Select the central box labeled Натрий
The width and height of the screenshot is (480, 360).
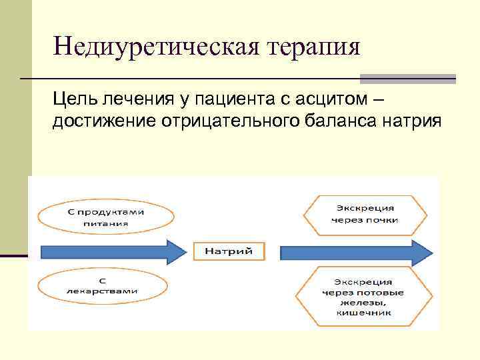click(228, 251)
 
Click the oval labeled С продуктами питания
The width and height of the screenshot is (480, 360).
click(105, 217)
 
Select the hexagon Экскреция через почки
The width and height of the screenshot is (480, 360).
click(364, 214)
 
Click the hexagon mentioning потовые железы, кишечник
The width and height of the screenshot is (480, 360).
click(364, 297)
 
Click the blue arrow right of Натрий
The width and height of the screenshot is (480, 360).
click(356, 252)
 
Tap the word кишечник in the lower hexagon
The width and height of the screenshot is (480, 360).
click(364, 311)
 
